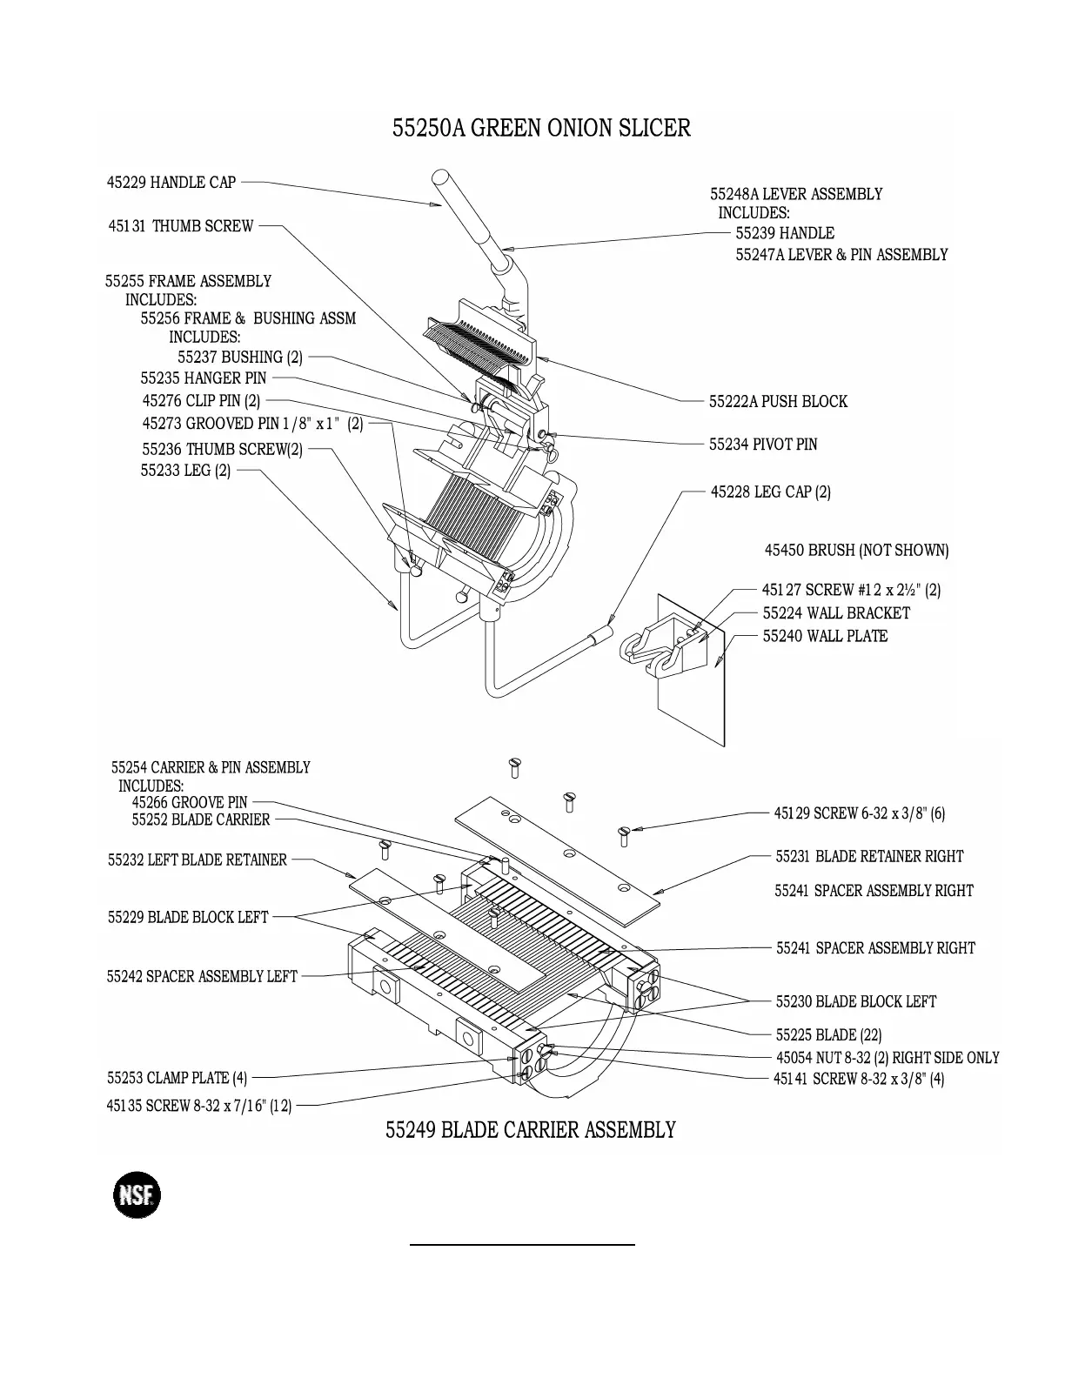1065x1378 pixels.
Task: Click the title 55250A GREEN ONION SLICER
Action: click(x=541, y=129)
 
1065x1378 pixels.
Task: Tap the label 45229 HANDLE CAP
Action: click(x=171, y=183)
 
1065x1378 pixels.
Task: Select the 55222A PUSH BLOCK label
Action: click(x=778, y=402)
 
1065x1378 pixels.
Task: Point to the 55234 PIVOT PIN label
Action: click(x=763, y=445)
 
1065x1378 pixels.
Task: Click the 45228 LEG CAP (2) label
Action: click(x=770, y=492)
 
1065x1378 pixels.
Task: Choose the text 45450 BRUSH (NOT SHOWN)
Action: click(x=856, y=551)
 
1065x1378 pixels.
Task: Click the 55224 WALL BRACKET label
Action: click(x=836, y=613)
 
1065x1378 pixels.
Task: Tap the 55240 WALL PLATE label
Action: click(x=825, y=636)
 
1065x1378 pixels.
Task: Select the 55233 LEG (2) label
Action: click(x=186, y=471)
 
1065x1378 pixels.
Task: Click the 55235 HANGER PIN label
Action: click(x=204, y=378)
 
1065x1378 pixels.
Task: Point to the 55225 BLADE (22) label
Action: click(x=828, y=1035)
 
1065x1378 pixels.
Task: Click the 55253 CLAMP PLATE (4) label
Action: click(x=177, y=1079)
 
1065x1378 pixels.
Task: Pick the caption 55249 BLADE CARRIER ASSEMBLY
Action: click(x=531, y=1130)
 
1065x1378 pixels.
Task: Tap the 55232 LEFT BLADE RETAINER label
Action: click(x=198, y=860)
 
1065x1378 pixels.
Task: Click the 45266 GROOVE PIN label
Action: click(x=190, y=802)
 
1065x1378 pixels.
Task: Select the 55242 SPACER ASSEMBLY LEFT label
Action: click(x=202, y=977)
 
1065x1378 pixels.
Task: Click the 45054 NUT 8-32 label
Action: click(x=887, y=1058)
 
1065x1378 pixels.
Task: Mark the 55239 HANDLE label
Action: click(x=785, y=233)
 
